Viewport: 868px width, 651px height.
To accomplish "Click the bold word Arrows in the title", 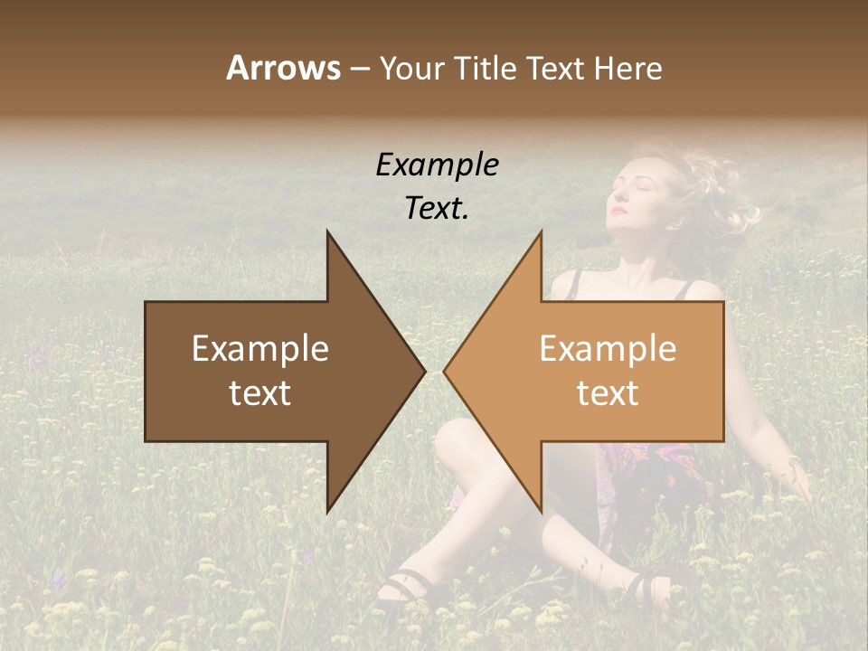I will click(x=283, y=68).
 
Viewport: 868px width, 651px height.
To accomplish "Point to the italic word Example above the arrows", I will click(x=437, y=165).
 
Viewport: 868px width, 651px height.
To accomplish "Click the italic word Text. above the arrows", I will click(x=437, y=208).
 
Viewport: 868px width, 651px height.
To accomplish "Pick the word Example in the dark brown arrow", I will click(x=259, y=349).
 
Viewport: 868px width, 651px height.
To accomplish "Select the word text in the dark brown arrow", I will click(x=259, y=393).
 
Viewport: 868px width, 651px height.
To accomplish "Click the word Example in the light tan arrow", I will click(x=608, y=349).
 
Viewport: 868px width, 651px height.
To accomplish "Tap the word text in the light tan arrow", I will click(x=608, y=393).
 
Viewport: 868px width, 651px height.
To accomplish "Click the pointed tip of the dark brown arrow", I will click(x=423, y=371).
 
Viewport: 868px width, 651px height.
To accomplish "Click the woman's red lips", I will click(x=618, y=211).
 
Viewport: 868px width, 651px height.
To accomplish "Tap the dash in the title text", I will click(x=359, y=69).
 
